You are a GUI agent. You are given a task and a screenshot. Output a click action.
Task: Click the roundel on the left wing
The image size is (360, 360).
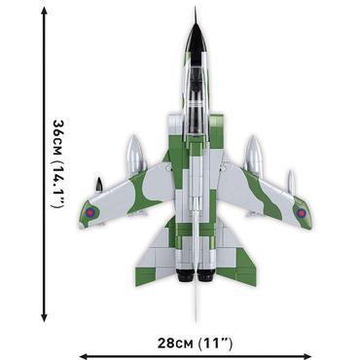coord(90,211)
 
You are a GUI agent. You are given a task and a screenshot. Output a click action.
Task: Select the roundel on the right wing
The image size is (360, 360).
coord(301,212)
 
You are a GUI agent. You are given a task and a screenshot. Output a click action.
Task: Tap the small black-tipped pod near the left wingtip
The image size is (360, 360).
coord(98,184)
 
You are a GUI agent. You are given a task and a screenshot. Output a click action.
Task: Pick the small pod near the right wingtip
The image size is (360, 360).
coord(289,181)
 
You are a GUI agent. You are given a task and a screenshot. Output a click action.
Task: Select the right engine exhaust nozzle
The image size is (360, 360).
coord(209,279)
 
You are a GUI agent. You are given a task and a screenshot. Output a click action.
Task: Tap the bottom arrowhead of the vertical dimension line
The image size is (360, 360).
coord(44,317)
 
